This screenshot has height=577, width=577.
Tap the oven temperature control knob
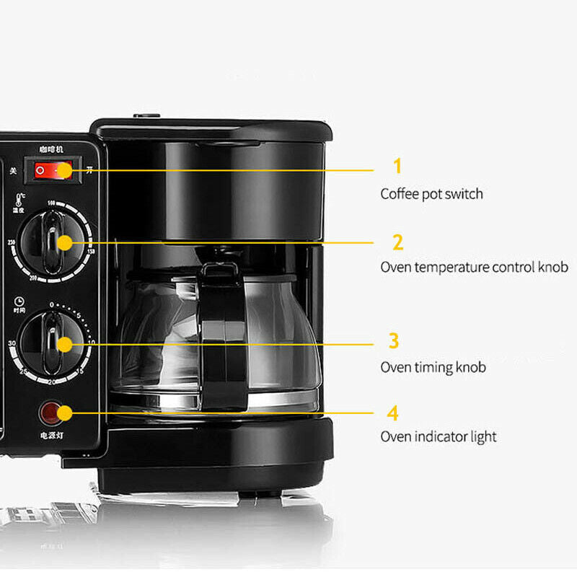click(53, 242)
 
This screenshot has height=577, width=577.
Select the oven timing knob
click(53, 343)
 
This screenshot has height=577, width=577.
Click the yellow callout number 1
click(397, 167)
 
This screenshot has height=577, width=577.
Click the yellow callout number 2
click(397, 242)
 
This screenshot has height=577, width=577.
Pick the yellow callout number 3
click(394, 340)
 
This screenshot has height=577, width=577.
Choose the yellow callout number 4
click(393, 413)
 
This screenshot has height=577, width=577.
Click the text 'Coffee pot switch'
click(431, 194)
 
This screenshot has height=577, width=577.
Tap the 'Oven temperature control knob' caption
click(474, 268)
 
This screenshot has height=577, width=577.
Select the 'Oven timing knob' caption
click(433, 367)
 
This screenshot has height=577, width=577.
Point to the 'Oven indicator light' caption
click(438, 437)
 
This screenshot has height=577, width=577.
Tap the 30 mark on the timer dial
click(12, 344)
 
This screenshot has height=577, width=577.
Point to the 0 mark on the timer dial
click(52, 305)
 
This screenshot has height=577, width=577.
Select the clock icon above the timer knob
click(17, 301)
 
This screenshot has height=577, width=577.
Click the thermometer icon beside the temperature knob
click(17, 199)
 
